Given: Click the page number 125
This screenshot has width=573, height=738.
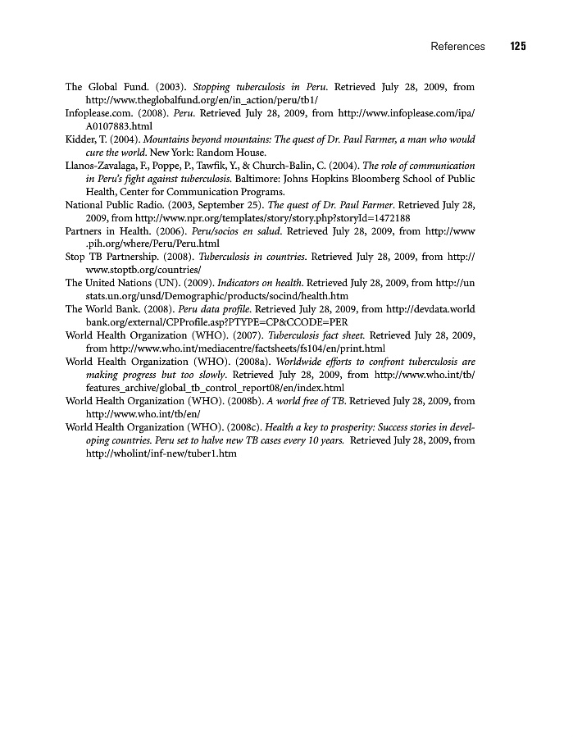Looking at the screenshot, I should pos(516,47).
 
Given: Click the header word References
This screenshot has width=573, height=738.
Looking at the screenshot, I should pos(457,47).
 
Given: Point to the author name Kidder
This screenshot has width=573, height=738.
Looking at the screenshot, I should pos(80,139).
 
